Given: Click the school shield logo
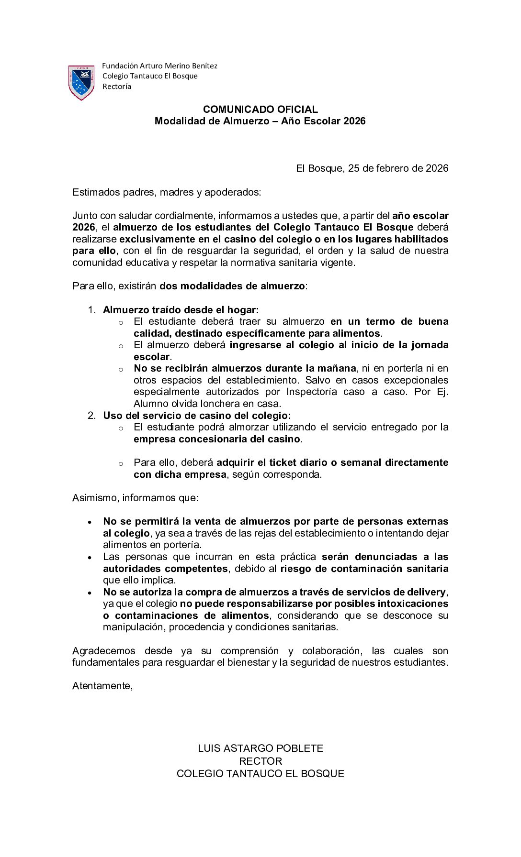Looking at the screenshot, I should [81, 83].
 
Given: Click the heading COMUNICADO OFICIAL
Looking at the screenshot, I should [260, 110].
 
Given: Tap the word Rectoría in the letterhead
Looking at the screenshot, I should [117, 87].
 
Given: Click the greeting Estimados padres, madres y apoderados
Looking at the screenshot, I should [167, 192].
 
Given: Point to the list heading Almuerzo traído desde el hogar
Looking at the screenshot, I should [181, 310].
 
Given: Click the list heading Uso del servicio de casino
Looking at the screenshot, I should [197, 416].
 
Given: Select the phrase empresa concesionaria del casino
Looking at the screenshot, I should [217, 439].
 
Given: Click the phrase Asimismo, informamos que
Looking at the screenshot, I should [135, 498].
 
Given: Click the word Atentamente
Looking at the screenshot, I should [102, 686].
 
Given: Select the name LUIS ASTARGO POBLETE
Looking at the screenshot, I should [260, 748].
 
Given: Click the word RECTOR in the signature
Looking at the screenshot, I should [260, 761].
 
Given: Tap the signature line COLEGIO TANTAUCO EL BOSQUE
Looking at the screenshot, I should [260, 774].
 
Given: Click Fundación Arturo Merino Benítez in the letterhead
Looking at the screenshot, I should [159, 66].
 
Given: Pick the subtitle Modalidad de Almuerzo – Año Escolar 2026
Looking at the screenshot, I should [260, 121].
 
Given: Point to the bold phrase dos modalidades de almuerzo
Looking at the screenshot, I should [232, 286].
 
